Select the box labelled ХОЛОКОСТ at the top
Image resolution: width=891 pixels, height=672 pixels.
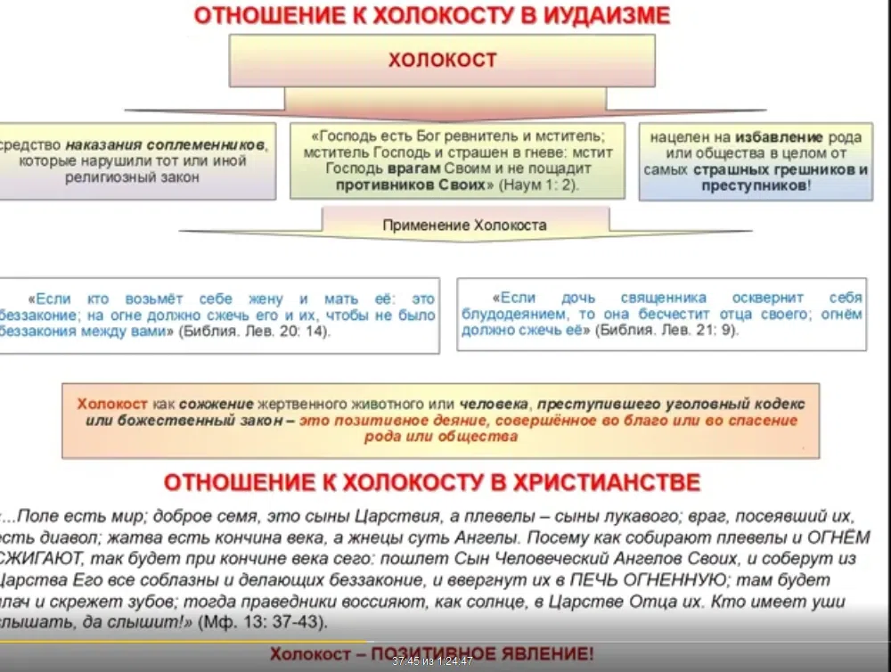click(x=442, y=61)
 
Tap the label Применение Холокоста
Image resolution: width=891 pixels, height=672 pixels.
click(x=464, y=225)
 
